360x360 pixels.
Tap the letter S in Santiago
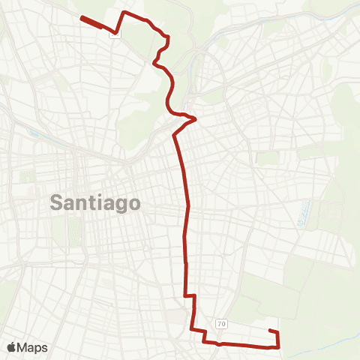57,202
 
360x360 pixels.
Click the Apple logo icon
12,347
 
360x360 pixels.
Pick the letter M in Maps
23,347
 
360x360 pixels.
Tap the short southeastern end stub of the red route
274,331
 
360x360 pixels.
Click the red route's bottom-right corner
279,346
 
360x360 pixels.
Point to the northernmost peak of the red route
124,13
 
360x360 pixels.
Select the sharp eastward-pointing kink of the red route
195,118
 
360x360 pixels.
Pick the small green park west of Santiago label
28,177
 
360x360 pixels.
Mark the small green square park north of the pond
268,158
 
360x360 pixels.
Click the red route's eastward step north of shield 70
190,297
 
